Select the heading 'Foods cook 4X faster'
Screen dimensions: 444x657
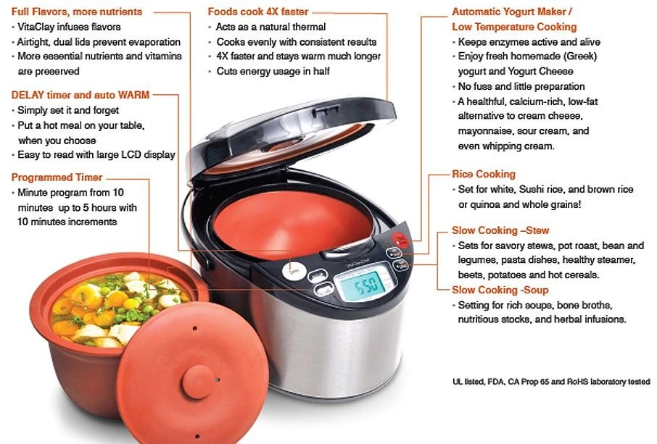(257, 12)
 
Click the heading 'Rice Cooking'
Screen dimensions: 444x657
(483, 174)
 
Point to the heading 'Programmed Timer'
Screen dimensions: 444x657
(57, 177)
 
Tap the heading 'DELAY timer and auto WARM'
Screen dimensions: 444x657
(80, 95)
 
